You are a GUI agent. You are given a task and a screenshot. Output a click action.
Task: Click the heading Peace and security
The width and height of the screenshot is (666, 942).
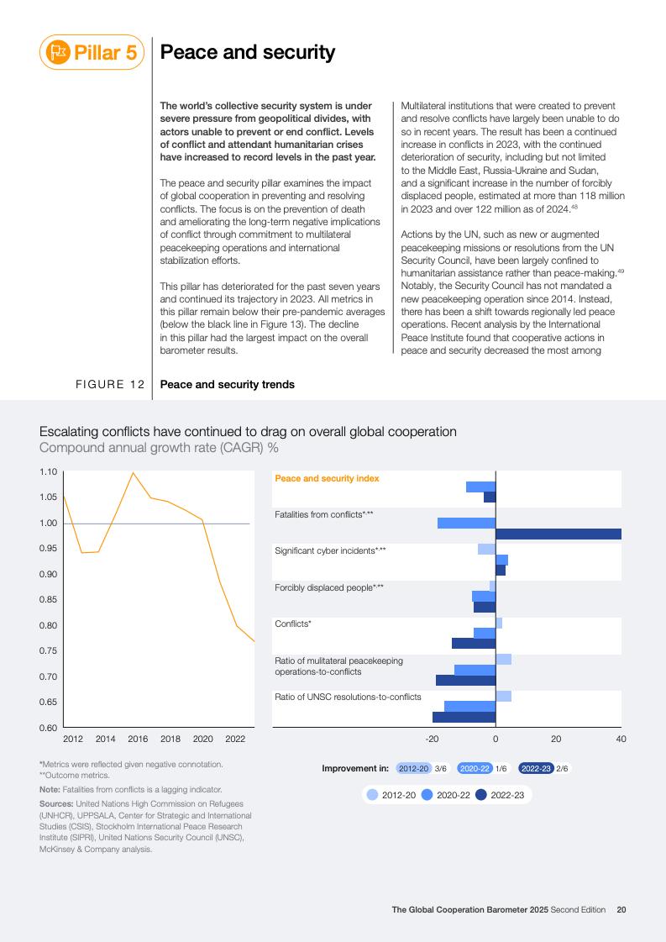pos(248,53)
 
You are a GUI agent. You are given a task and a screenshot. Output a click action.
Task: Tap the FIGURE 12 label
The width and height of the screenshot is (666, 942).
pos(110,385)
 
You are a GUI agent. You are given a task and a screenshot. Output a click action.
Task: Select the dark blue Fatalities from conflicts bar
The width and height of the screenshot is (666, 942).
pos(558,534)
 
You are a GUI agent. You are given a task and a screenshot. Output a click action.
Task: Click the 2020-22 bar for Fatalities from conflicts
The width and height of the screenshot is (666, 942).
pos(466,523)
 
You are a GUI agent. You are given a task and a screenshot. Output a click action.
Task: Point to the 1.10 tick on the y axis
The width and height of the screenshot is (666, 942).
pos(48,472)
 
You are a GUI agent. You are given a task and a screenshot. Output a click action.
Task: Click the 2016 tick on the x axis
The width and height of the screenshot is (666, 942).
pos(138,739)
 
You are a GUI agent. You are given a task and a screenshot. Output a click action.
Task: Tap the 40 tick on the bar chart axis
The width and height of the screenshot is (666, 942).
pos(621,739)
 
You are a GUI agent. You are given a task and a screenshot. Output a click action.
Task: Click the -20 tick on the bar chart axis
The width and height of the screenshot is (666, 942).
pos(432,739)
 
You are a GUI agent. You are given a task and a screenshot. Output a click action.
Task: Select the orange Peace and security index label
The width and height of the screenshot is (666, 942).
pos(327,478)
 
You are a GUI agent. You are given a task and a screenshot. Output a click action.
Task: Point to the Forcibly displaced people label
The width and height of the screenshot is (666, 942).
pos(329,587)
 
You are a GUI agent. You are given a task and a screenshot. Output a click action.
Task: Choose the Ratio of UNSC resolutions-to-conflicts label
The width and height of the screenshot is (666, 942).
pos(348,697)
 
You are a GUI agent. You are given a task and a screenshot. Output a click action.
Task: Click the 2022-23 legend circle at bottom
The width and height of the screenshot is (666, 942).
pos(481,794)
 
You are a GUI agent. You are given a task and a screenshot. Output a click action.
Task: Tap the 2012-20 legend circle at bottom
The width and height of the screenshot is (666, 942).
pos(373,794)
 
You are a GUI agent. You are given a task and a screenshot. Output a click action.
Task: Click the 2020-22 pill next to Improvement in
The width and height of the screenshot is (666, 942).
pos(475,768)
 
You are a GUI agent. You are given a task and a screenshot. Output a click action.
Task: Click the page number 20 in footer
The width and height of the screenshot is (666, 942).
pos(621,909)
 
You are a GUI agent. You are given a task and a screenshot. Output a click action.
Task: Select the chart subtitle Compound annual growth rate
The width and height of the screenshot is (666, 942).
pos(159,448)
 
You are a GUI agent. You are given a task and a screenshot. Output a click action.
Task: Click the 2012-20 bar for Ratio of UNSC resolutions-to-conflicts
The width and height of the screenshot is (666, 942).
pos(503,696)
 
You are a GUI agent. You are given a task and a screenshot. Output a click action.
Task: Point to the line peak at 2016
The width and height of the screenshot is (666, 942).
pos(133,473)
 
